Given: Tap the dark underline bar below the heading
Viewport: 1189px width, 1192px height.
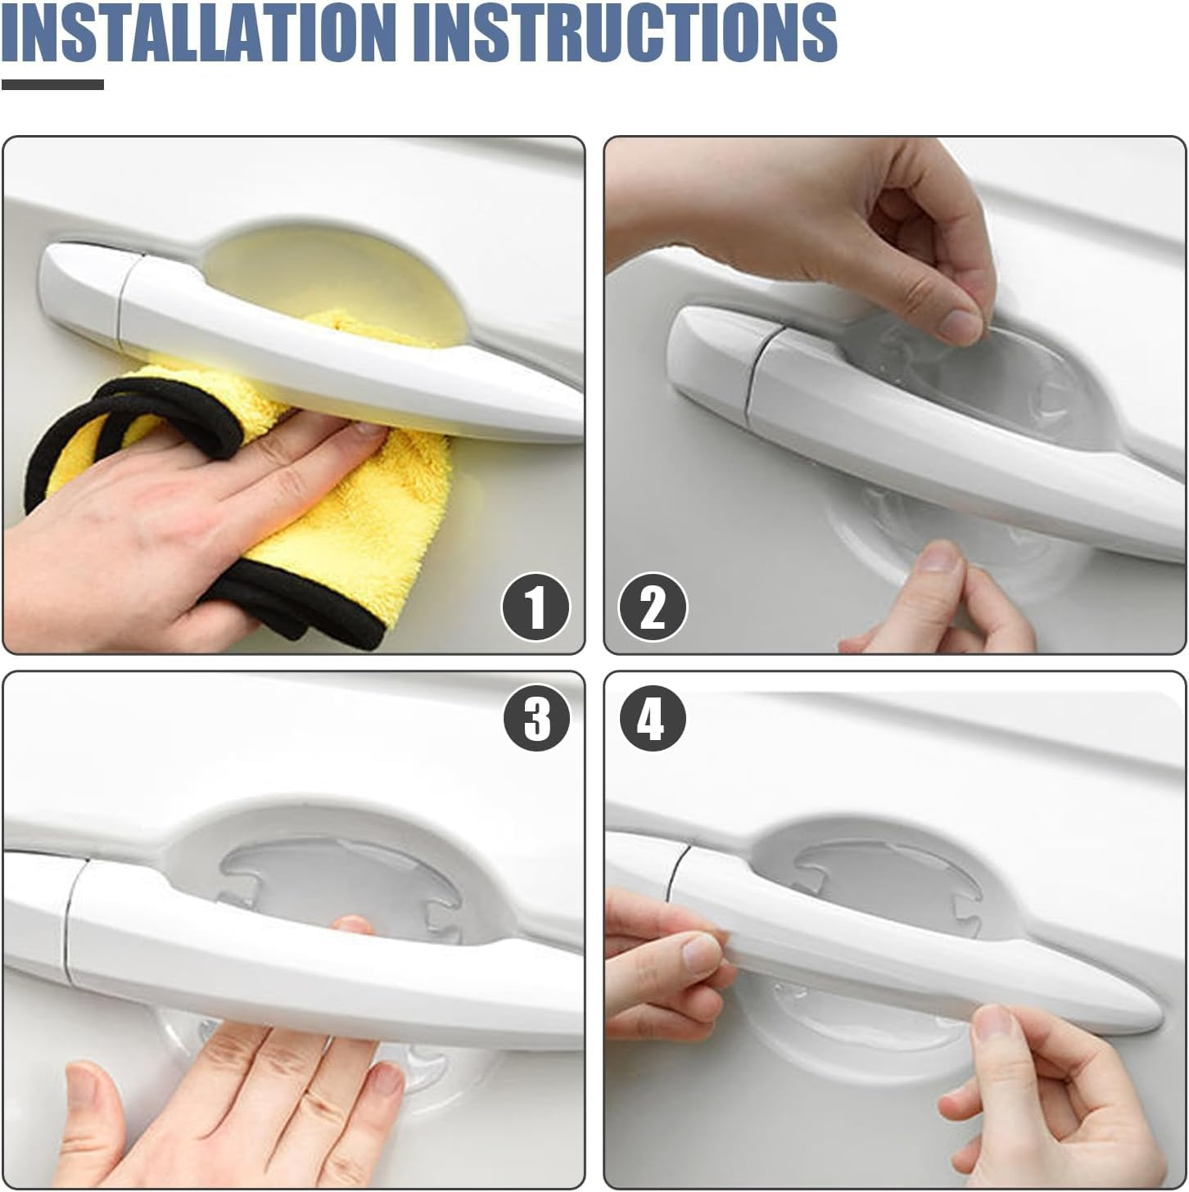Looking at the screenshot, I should [x=52, y=84].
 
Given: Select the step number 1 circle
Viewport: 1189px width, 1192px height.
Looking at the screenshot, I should [x=536, y=607].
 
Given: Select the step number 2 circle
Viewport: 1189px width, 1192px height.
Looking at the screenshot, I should [x=653, y=607].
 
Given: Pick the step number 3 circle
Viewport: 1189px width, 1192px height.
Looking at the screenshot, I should [x=537, y=718].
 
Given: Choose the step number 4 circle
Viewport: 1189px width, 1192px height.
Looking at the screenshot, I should [x=653, y=718].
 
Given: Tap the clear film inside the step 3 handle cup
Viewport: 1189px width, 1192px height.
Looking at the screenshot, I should [x=328, y=876].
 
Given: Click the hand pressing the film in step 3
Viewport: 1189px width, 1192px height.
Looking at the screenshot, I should [x=246, y=1097].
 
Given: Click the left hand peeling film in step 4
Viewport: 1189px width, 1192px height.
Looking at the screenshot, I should [x=663, y=966].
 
